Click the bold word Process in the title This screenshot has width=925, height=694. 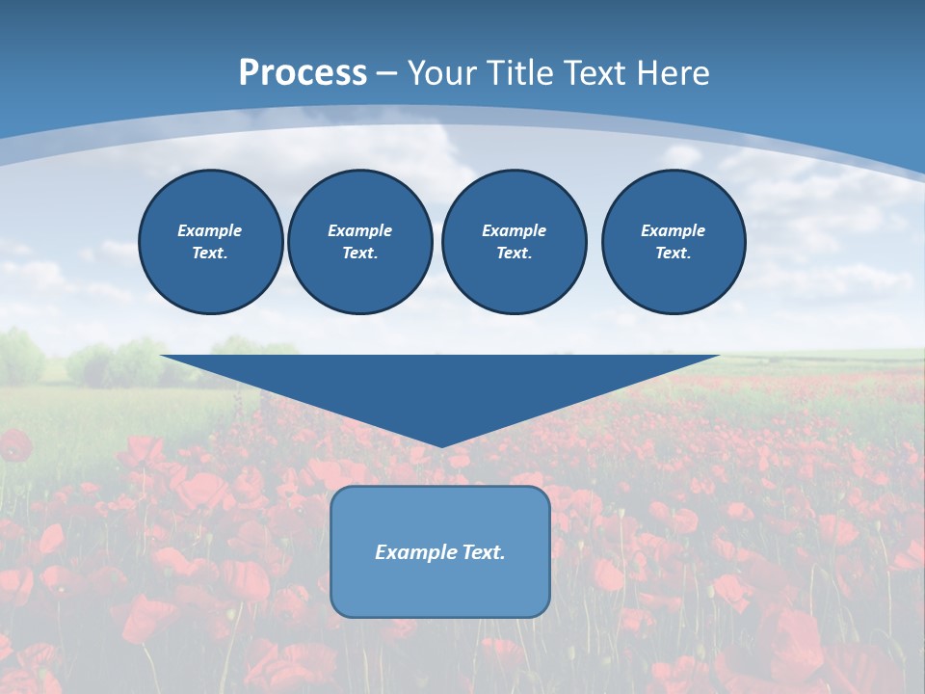pyautogui.click(x=303, y=73)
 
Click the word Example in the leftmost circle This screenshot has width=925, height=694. pyautogui.click(x=210, y=230)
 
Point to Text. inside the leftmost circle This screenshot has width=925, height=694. pyautogui.click(x=210, y=254)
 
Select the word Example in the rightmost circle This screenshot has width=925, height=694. pyautogui.click(x=674, y=230)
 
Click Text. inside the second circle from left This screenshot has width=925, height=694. pyautogui.click(x=360, y=254)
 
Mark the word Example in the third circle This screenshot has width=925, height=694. pyautogui.click(x=515, y=230)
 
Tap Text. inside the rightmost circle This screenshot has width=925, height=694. pyautogui.click(x=674, y=254)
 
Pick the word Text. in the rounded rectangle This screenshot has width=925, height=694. pyautogui.click(x=484, y=552)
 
